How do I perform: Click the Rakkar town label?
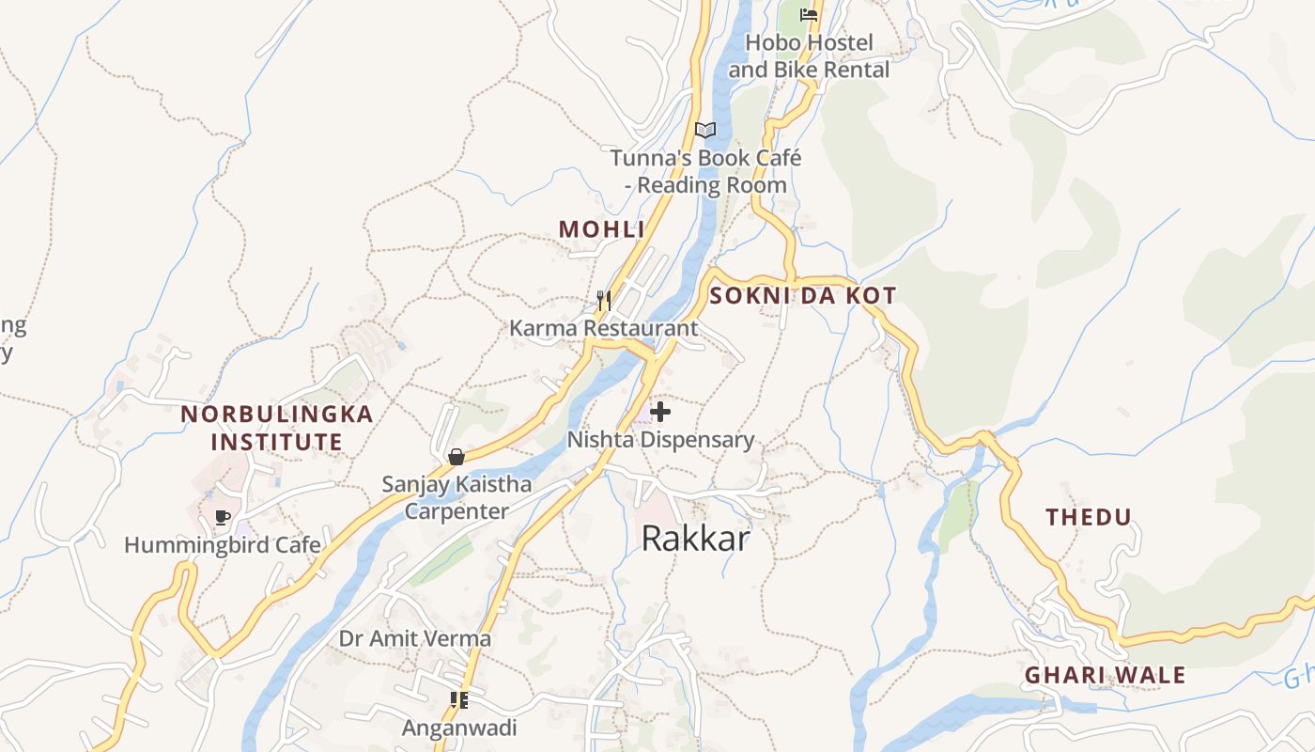point(696,539)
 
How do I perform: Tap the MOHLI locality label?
point(602,229)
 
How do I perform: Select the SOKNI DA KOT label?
point(803,295)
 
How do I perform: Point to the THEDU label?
point(1090,517)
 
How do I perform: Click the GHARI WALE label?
point(1105,675)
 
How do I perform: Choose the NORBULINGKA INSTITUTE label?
point(276,428)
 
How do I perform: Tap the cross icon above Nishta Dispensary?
point(660,411)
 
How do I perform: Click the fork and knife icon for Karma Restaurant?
point(604,301)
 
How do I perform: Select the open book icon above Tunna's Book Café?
point(705,130)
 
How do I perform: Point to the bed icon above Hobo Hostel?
point(808,14)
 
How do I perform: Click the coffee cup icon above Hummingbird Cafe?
point(223,517)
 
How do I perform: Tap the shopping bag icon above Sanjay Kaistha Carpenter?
point(456,457)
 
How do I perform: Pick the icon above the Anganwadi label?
point(459,699)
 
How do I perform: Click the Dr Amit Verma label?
point(415,639)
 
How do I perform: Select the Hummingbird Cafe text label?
point(223,545)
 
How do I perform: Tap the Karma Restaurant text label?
point(604,328)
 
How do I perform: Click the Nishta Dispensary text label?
point(660,439)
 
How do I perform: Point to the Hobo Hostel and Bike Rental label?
point(809,56)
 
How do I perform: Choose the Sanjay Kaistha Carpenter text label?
point(456,498)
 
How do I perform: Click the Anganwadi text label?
point(459,728)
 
